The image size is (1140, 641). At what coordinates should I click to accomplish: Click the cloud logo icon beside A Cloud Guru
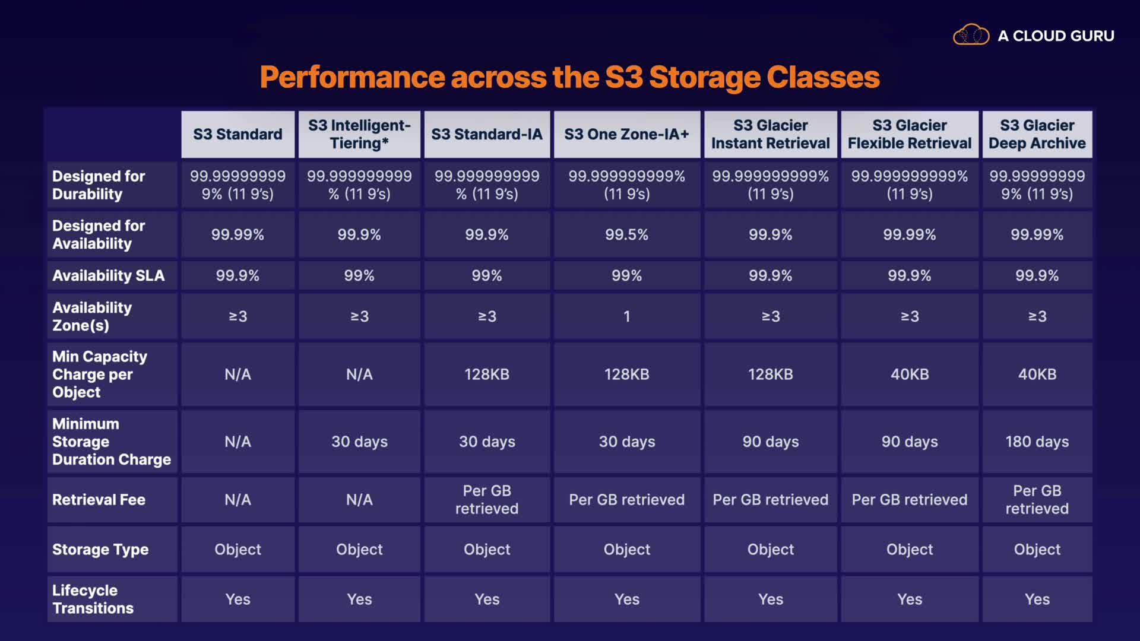pos(971,35)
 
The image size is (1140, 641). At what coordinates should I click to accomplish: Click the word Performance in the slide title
pos(353,77)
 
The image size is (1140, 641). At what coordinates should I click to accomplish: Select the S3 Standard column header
pos(237,135)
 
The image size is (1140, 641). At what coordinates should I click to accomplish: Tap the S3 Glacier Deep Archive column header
pos(1037,135)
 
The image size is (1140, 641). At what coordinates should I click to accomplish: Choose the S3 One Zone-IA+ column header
pos(626,135)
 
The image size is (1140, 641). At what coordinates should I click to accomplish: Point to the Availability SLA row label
pos(109,275)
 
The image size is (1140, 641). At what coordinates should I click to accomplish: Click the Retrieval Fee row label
pos(99,500)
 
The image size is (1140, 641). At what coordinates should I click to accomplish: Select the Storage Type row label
pos(100,550)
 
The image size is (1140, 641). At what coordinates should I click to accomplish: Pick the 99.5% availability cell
pos(626,234)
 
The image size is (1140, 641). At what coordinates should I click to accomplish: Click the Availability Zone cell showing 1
pos(626,316)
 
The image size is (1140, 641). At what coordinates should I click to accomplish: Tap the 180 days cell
pos(1037,442)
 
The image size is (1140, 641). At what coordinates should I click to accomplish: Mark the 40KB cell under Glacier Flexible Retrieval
pos(910,375)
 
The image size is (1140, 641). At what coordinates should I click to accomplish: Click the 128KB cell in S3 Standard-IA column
pos(487,375)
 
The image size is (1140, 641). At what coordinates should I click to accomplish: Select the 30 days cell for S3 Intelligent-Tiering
pos(359,442)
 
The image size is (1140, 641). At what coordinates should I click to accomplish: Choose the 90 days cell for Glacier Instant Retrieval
pos(770,442)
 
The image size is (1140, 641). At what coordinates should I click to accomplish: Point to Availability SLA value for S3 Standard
pos(237,275)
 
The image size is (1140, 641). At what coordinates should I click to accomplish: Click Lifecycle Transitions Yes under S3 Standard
pos(237,599)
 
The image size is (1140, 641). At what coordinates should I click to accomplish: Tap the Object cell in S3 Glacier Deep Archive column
pos(1037,550)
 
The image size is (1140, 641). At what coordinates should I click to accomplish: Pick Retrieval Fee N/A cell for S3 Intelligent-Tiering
pos(359,500)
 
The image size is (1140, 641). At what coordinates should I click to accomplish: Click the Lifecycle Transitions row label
pos(93,599)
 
